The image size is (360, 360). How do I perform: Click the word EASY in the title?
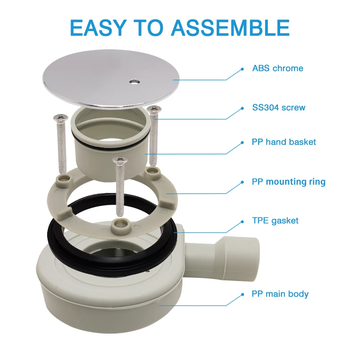pyautogui.click(x=98, y=28)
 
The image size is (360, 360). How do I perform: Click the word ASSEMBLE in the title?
pyautogui.click(x=230, y=28)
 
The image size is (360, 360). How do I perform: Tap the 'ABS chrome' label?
pyautogui.click(x=278, y=68)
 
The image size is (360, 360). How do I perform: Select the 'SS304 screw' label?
pyautogui.click(x=279, y=107)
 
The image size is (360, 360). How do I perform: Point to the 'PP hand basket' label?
pyautogui.click(x=284, y=142)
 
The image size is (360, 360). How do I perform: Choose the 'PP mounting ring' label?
pyautogui.click(x=289, y=182)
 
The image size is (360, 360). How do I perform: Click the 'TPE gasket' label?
pyautogui.click(x=275, y=221)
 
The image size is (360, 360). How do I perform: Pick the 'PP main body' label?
pyautogui.click(x=280, y=294)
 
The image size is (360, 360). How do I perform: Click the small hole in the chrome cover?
pyautogui.click(x=134, y=81)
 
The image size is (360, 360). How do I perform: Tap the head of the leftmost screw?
pyautogui.click(x=60, y=118)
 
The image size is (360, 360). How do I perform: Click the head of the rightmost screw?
pyautogui.click(x=154, y=109)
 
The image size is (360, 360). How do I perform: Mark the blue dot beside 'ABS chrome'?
pyautogui.click(x=242, y=69)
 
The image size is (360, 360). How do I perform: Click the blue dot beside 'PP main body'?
pyautogui.click(x=242, y=295)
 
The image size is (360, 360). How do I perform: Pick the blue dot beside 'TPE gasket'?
pyautogui.click(x=242, y=222)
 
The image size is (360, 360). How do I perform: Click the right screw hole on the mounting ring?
pyautogui.click(x=152, y=171)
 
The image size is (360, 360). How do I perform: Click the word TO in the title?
pyautogui.click(x=149, y=28)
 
